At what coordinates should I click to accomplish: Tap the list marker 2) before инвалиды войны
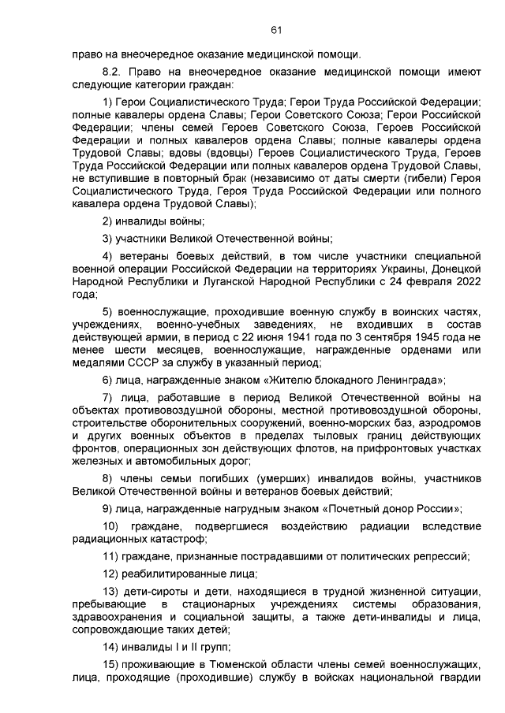pyautogui.click(x=109, y=221)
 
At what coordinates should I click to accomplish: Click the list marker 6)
pyautogui.click(x=109, y=380)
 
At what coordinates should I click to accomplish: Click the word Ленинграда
pyautogui.click(x=405, y=380)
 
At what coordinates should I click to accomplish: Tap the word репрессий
pyautogui.click(x=440, y=555)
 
